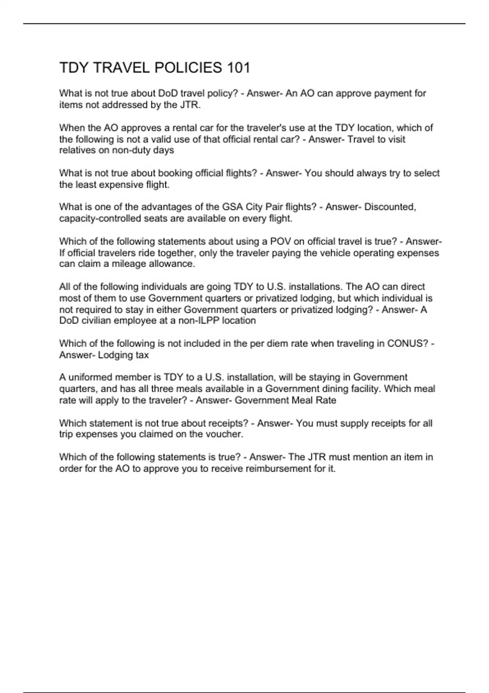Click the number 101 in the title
239,68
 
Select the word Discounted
390,207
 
